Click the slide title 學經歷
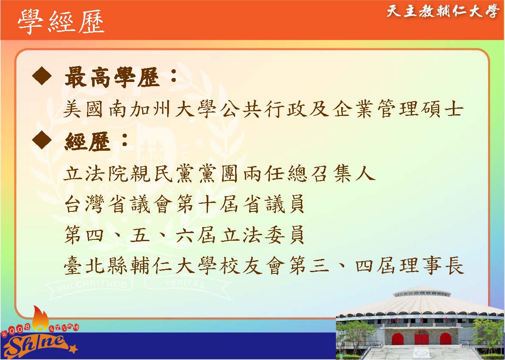pyautogui.click(x=61, y=21)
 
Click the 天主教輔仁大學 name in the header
pyautogui.click(x=442, y=11)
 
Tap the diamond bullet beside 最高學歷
pyautogui.click(x=42, y=77)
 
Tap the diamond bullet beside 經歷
pyautogui.click(x=42, y=141)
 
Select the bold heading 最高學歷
pyautogui.click(x=112, y=77)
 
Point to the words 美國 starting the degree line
pyautogui.click(x=84, y=109)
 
